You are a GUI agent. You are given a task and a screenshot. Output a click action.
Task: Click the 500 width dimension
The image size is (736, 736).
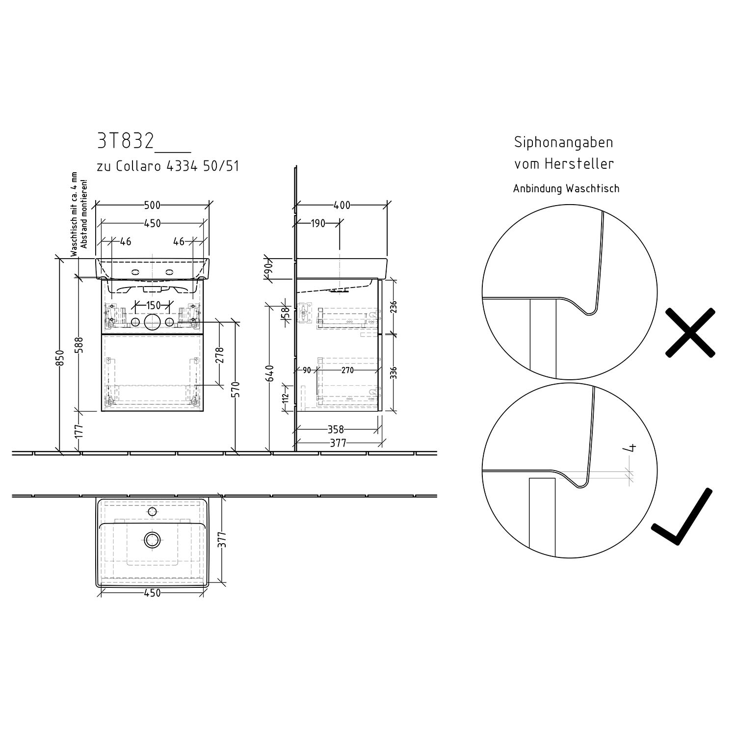(153, 205)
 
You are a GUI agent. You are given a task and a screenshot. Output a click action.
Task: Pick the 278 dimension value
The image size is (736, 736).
(219, 356)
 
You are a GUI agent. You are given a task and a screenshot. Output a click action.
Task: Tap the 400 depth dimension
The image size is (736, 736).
(342, 205)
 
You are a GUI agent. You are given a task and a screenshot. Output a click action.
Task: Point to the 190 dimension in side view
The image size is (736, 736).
(318, 223)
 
